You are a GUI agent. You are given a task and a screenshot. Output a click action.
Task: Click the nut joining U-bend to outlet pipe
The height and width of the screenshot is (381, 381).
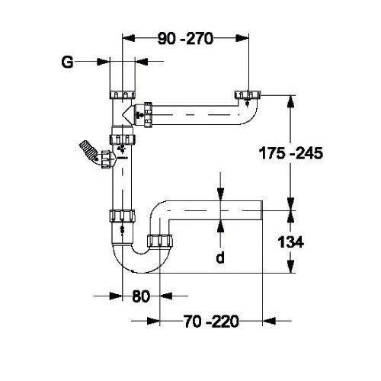click(x=158, y=242)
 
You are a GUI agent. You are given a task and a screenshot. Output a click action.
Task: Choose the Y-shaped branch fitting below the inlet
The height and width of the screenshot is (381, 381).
click(x=126, y=115)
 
